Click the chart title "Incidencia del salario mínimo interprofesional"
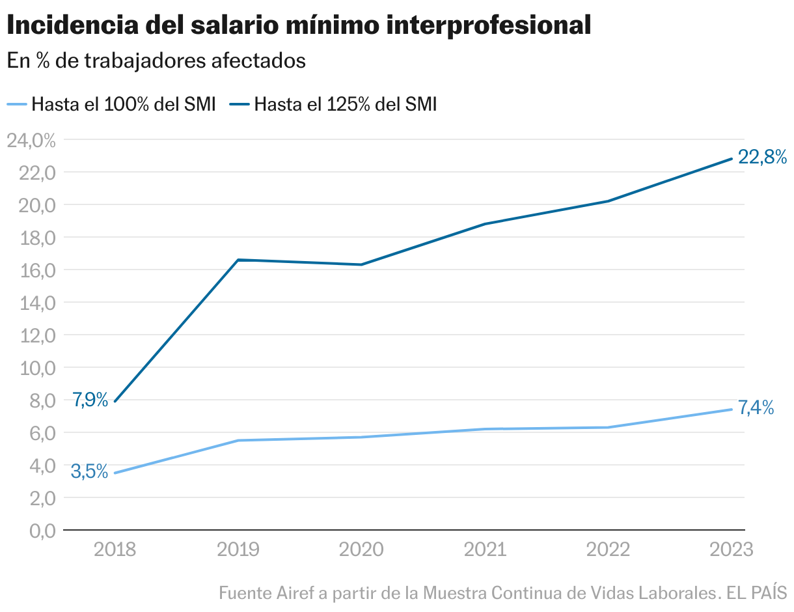coord(299,26)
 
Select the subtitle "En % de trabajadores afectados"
coord(156,61)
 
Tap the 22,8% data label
coord(762,157)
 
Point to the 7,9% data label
coord(90,399)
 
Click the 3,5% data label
coord(89,471)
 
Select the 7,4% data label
coord(756,408)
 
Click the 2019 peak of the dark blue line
coord(238,260)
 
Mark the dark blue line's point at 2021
coord(485,224)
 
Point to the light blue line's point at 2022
coord(608,427)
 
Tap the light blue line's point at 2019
coord(238,440)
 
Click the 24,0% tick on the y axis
coord(31,140)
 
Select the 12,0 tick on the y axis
coord(31,335)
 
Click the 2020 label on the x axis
coord(361,550)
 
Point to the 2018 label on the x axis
coord(115,550)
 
